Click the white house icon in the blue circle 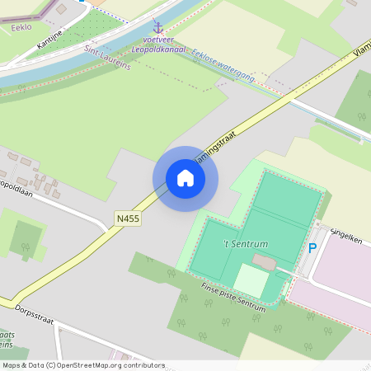point(185,178)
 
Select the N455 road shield point(128,218)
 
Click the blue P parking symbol point(312,247)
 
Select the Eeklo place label point(21,27)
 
